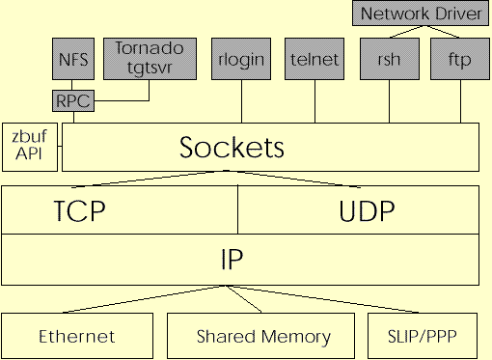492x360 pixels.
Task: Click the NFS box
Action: point(72,59)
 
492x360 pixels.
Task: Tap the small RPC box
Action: point(72,99)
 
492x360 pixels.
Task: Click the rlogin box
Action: point(241,59)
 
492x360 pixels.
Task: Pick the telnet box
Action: point(315,59)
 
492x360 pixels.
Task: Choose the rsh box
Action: point(389,59)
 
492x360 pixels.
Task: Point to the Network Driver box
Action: point(421,14)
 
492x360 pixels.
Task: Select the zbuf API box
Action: point(30,148)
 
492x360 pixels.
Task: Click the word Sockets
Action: point(232,148)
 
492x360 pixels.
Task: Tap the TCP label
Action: point(79,211)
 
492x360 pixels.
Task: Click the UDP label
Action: point(368,211)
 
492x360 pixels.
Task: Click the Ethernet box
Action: point(77,336)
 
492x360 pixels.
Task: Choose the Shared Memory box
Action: point(263,336)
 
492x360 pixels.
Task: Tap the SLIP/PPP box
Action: point(423,336)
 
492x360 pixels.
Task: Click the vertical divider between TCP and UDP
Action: point(238,210)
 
